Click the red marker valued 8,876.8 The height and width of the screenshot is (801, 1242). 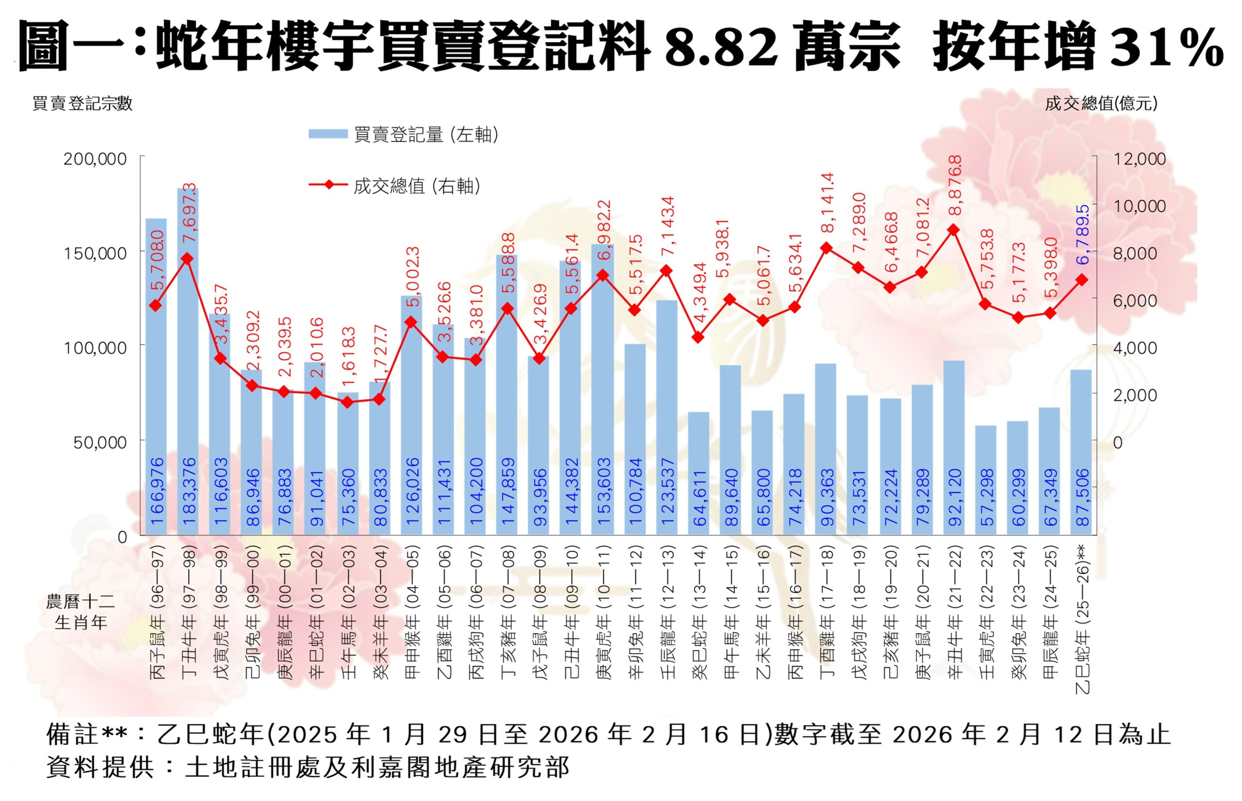[x=953, y=229]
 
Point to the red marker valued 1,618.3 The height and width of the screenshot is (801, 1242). [x=347, y=402]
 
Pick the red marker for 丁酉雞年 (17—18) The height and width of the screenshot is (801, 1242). [x=826, y=248]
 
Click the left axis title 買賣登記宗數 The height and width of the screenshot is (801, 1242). [x=82, y=103]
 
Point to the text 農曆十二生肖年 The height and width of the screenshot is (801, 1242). [x=81, y=612]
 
